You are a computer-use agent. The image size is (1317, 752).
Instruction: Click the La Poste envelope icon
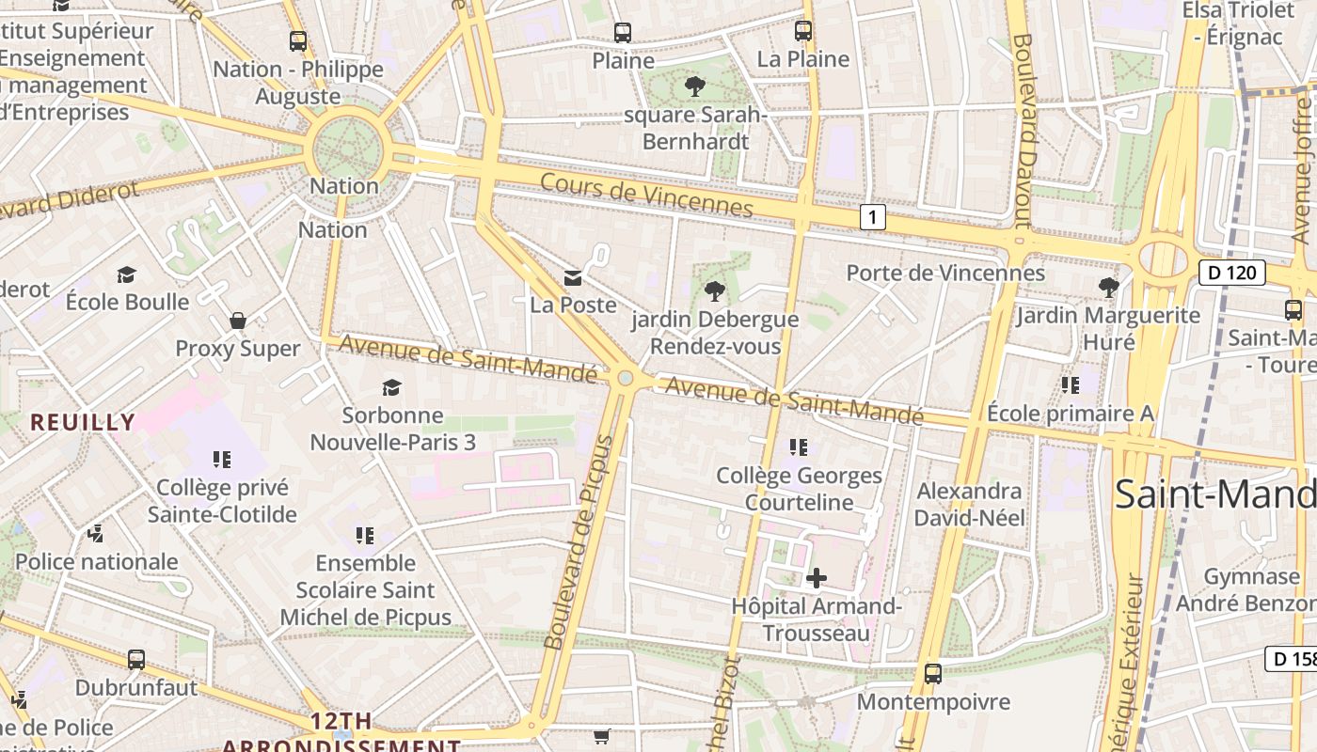click(572, 277)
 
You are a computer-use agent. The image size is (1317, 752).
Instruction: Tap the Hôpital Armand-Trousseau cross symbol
click(816, 577)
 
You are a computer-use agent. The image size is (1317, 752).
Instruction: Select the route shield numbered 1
click(873, 218)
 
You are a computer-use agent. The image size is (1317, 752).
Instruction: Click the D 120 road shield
click(1231, 274)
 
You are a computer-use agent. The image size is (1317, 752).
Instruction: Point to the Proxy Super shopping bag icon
click(238, 321)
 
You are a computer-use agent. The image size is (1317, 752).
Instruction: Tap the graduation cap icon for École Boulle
click(127, 274)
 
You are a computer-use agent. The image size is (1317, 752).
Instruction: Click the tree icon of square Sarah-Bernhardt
click(695, 87)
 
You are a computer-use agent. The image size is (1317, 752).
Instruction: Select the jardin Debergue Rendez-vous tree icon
click(715, 290)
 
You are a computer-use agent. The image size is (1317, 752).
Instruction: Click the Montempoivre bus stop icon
click(932, 674)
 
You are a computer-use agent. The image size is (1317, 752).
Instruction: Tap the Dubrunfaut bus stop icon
click(136, 660)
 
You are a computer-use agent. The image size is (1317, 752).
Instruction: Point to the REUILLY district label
click(82, 422)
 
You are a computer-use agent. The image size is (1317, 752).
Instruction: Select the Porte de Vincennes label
click(945, 273)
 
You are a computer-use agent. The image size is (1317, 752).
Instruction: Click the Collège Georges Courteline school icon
click(799, 447)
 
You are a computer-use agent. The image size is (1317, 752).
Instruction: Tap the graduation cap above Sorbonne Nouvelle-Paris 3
click(391, 387)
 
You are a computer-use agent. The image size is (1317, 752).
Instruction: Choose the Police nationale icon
click(95, 534)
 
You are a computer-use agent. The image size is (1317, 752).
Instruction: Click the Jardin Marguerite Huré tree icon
click(1109, 287)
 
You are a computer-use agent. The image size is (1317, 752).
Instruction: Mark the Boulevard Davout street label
click(1023, 132)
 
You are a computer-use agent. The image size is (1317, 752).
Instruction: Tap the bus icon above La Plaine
click(802, 31)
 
